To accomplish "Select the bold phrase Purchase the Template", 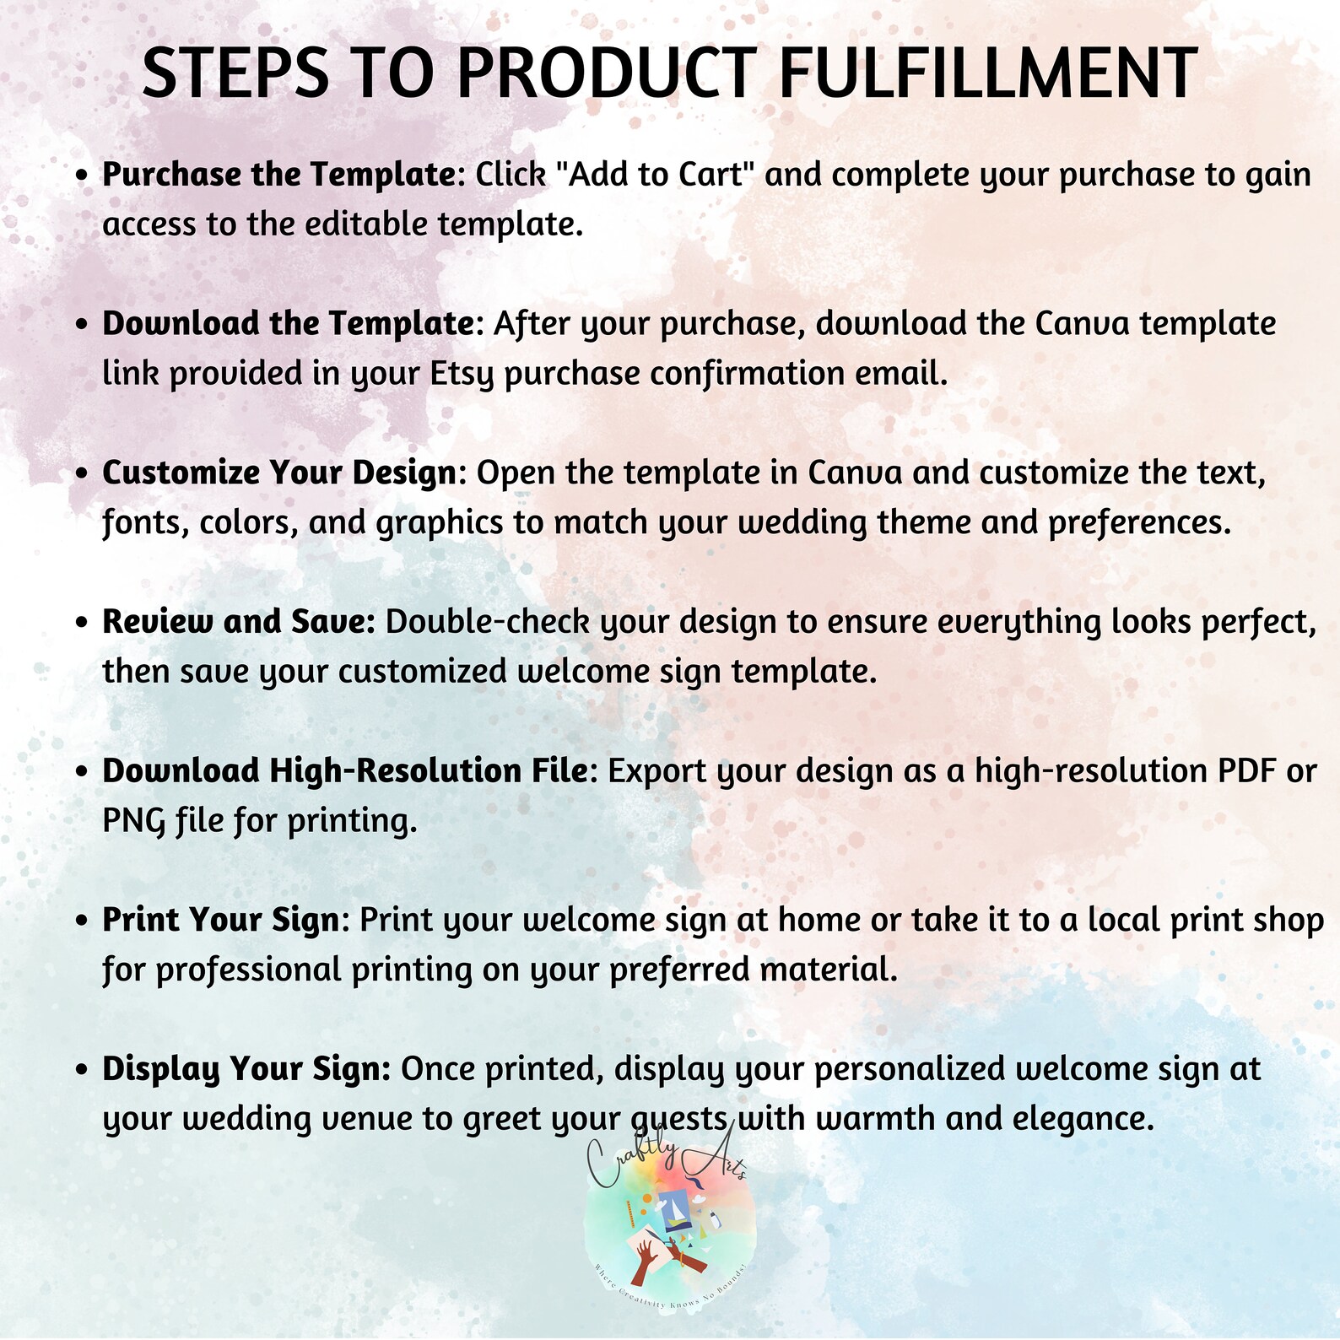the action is click(279, 175).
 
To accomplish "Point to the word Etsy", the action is click(462, 374).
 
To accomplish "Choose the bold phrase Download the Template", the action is click(289, 323).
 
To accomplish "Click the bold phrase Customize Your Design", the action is click(279, 473).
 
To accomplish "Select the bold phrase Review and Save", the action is click(239, 622).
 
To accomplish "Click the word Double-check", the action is click(488, 622).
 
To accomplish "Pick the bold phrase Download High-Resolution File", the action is click(345, 771).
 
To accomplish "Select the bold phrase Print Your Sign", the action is click(221, 920).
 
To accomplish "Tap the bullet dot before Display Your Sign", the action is click(81, 1070).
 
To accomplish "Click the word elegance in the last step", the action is click(1083, 1120).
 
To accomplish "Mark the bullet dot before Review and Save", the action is click(81, 623).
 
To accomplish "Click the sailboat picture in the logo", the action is click(674, 1211).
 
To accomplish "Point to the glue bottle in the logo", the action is click(715, 1219).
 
